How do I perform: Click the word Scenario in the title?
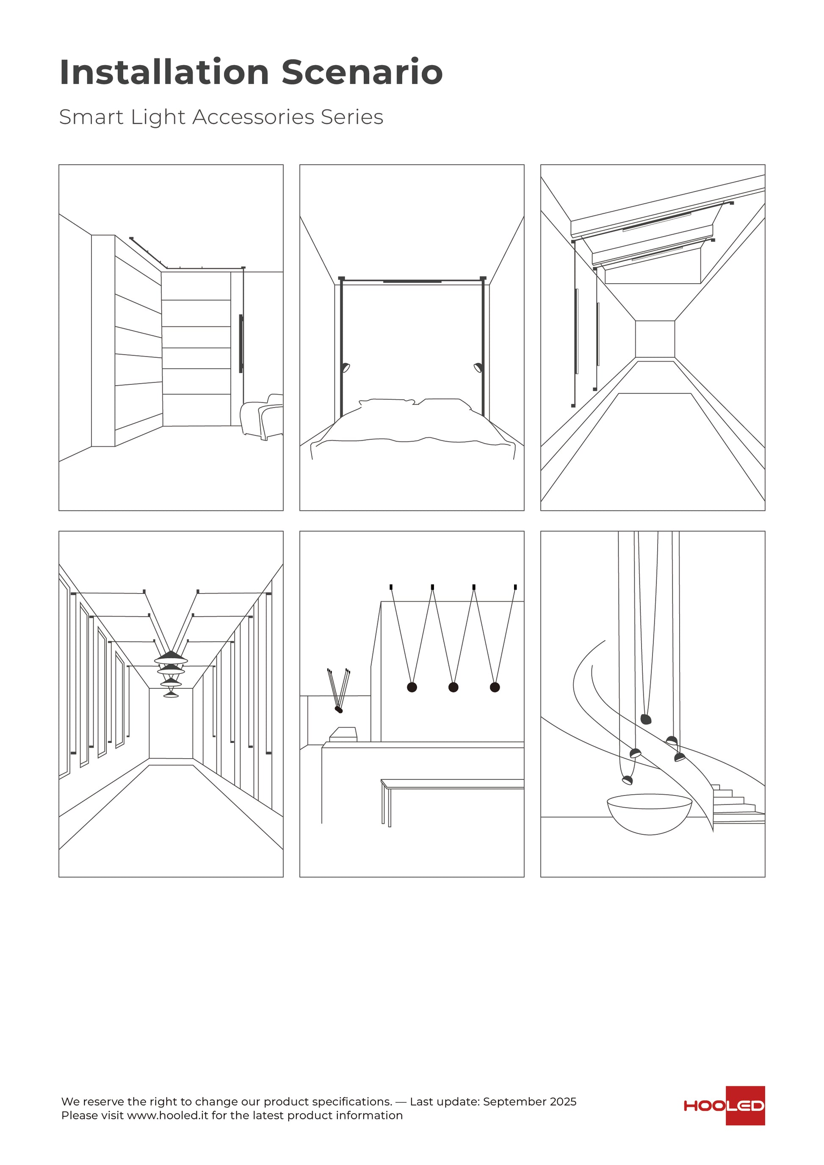click(362, 72)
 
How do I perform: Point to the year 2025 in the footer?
click(563, 1116)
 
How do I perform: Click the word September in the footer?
click(514, 1116)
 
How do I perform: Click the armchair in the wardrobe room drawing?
click(261, 417)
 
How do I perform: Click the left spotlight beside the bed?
click(346, 367)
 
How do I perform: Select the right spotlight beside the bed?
click(478, 367)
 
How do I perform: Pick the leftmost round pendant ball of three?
click(412, 687)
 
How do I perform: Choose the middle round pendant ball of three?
click(453, 687)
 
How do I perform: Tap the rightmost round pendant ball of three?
click(495, 687)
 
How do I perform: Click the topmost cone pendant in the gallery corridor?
click(171, 657)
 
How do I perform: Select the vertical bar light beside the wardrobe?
click(241, 343)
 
